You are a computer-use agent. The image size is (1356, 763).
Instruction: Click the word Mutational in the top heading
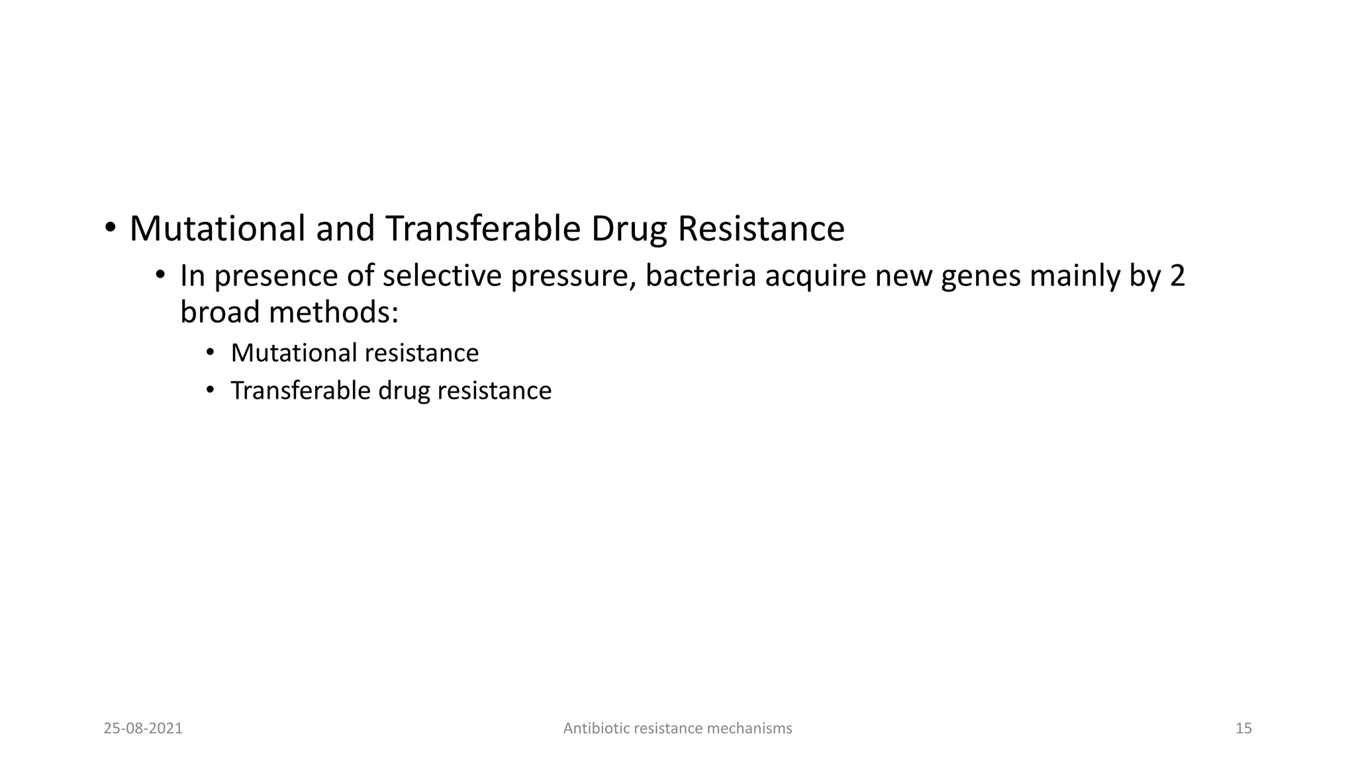(217, 229)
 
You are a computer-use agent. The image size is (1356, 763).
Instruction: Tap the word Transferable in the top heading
(483, 229)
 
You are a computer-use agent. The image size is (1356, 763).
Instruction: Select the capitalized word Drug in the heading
(628, 229)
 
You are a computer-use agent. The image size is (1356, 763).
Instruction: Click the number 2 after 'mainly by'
(1177, 276)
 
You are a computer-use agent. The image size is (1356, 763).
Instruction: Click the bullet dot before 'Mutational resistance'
(211, 352)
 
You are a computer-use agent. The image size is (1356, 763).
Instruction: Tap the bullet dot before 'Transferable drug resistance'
(211, 390)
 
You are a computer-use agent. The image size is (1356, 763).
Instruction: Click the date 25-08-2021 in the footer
(143, 729)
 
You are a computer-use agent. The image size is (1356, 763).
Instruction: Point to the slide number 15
(1243, 729)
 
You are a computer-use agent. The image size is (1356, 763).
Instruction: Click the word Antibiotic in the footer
(596, 729)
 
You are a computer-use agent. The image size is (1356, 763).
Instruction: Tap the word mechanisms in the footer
(750, 729)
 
